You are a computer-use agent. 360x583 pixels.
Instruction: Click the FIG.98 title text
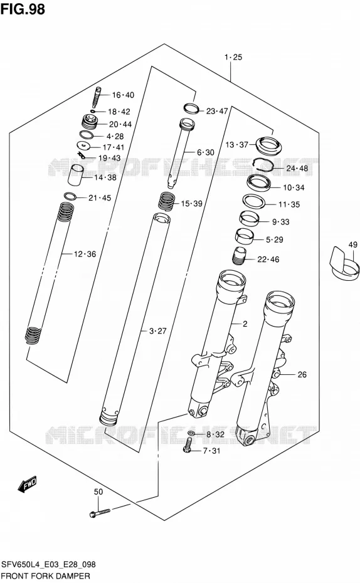[x=23, y=9]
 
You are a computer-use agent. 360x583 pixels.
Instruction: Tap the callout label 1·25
[x=233, y=57]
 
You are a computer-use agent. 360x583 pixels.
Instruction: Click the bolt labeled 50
[x=100, y=513]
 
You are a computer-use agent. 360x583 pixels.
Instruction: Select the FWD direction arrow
[x=27, y=484]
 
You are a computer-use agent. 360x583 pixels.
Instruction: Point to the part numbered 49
[x=345, y=265]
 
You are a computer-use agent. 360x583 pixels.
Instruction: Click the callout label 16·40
[x=123, y=95]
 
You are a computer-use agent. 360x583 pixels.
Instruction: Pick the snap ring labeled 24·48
[x=263, y=164]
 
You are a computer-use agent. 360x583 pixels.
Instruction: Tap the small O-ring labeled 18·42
[x=93, y=111]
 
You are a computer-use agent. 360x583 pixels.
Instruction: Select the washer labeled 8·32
[x=191, y=433]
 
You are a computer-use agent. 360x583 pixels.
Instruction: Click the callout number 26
[x=302, y=374]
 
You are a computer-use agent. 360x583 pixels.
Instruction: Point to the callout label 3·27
[x=157, y=330]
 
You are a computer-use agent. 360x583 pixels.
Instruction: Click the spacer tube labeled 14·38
[x=75, y=174]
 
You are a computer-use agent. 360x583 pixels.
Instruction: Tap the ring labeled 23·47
[x=191, y=108]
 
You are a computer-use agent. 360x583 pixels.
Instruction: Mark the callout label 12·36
[x=85, y=254]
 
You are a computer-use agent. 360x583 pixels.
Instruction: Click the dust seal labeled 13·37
[x=268, y=145]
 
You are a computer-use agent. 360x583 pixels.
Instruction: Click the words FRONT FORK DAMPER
[x=45, y=576]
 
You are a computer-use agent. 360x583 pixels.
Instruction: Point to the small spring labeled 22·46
[x=239, y=256]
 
